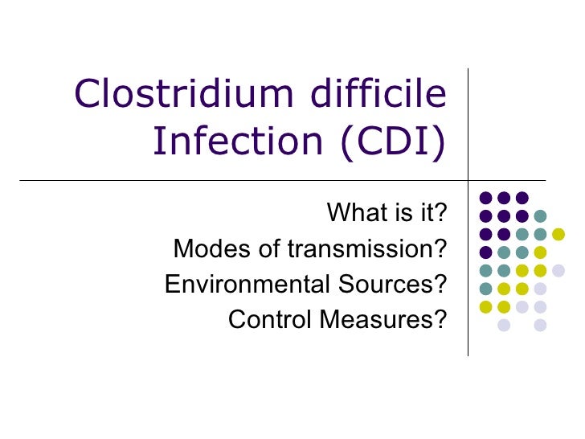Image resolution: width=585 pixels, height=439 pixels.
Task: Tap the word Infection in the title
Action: pyautogui.click(x=232, y=142)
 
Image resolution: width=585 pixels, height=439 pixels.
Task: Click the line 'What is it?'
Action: pyautogui.click(x=386, y=214)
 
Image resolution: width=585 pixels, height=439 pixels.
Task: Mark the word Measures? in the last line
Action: pyautogui.click(x=383, y=320)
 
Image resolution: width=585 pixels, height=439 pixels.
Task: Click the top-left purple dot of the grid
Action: pyautogui.click(x=485, y=197)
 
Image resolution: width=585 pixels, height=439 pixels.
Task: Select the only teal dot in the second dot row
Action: pyautogui.click(x=540, y=215)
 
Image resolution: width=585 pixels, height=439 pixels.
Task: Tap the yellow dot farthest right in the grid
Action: pyautogui.click(x=558, y=234)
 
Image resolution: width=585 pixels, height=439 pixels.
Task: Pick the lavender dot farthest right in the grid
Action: pyautogui.click(x=558, y=270)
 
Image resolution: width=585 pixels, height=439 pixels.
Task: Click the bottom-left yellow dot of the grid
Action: pyautogui.click(x=485, y=306)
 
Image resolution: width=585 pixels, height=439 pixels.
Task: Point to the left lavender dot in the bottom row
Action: pyautogui.click(x=504, y=325)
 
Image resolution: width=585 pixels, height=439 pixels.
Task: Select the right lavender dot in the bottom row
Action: pyautogui.click(x=540, y=325)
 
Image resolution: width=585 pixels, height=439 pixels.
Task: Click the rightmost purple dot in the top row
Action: pyautogui.click(x=522, y=197)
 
